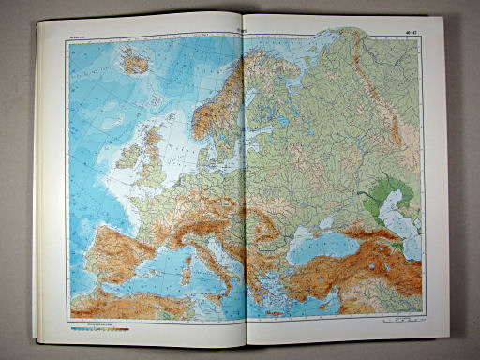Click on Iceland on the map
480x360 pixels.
pyautogui.click(x=136, y=63)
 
